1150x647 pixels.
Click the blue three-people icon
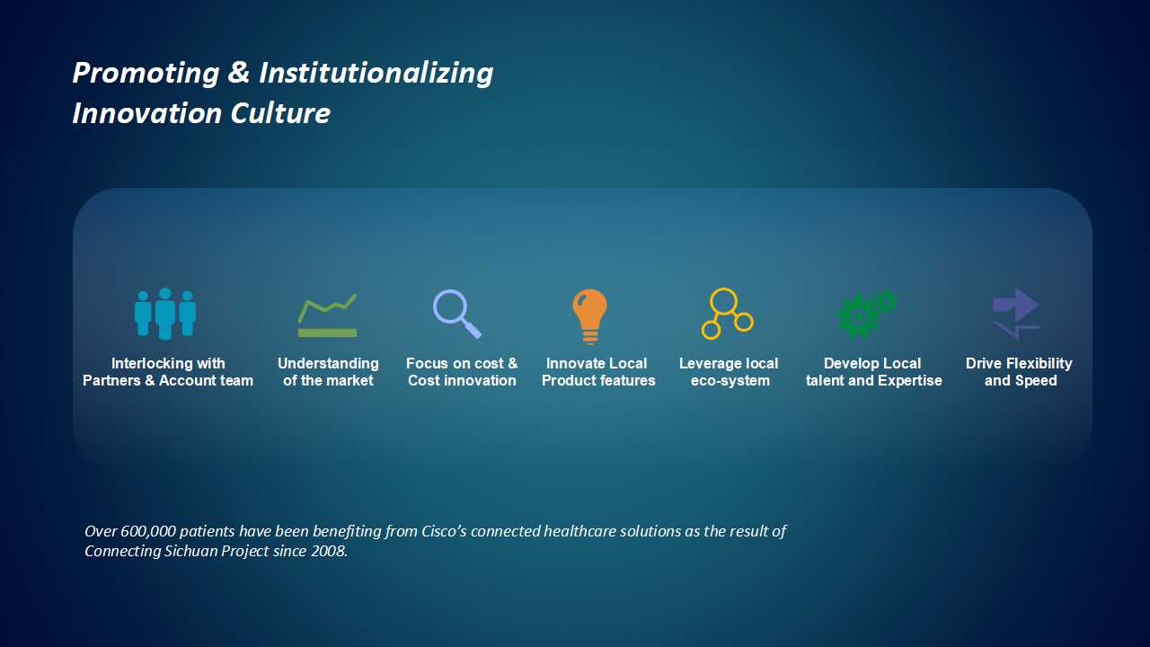point(164,314)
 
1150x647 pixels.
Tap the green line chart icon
point(328,316)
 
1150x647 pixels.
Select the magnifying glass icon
point(456,314)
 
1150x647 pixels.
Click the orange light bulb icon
point(590,315)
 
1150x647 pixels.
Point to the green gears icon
point(866,314)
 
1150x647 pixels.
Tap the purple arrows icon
point(1016,314)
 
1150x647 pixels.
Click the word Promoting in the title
point(146,74)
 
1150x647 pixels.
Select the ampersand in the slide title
point(239,72)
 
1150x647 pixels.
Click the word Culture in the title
point(280,113)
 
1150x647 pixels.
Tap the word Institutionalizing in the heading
point(376,74)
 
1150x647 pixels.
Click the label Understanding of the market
point(328,372)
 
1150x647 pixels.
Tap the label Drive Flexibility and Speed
point(1019,372)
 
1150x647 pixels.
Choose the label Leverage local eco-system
point(729,372)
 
